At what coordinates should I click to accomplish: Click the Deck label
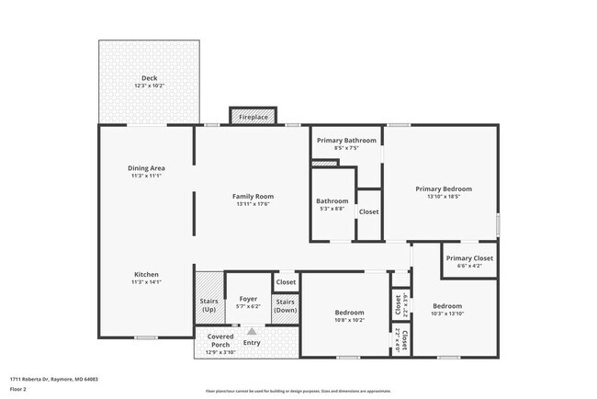click(x=148, y=77)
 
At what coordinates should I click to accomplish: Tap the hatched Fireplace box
click(x=253, y=117)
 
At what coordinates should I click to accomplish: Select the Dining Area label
click(x=146, y=168)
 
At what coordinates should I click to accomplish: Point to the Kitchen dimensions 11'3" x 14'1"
click(x=146, y=282)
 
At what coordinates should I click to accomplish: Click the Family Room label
click(x=253, y=196)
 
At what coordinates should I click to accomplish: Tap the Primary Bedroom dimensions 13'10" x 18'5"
click(x=442, y=196)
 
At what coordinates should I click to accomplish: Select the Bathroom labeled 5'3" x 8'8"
click(x=332, y=204)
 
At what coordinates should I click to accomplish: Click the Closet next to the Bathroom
click(x=368, y=211)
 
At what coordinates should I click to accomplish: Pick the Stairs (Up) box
click(x=208, y=304)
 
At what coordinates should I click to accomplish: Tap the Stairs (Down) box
click(x=286, y=305)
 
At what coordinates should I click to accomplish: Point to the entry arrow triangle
click(x=251, y=331)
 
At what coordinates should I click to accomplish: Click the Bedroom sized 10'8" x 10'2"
click(x=349, y=315)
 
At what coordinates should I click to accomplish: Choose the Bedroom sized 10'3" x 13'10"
click(x=447, y=309)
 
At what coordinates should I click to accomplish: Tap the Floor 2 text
click(x=18, y=389)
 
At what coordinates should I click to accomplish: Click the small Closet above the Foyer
click(x=286, y=282)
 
